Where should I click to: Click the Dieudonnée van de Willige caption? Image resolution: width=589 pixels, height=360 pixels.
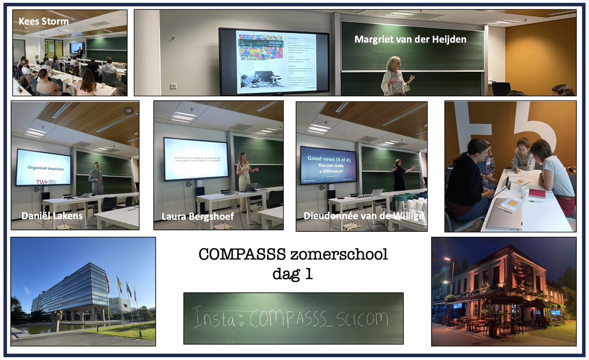pyautogui.click(x=364, y=216)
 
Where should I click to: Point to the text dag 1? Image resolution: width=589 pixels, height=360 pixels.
pyautogui.click(x=293, y=274)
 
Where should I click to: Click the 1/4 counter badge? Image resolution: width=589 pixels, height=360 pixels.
pyautogui.click(x=129, y=111)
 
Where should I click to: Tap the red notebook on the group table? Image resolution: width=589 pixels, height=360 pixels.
pyautogui.click(x=536, y=194)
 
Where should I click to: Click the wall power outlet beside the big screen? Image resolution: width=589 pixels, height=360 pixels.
pyautogui.click(x=173, y=86)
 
